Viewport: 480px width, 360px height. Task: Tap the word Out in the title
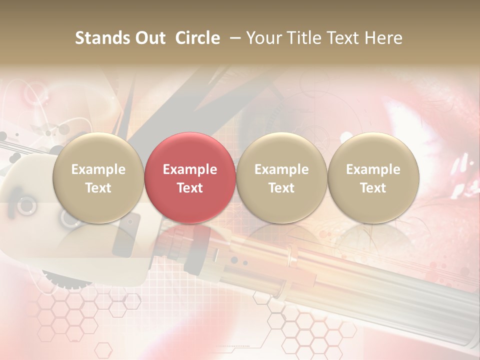tap(149, 38)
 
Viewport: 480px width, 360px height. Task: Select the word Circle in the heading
tap(197, 38)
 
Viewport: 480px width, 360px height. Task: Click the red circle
tap(190, 150)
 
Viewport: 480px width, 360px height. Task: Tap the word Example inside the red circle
tap(190, 169)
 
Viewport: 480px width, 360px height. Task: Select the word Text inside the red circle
tap(190, 188)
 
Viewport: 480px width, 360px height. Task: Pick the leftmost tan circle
tap(98, 150)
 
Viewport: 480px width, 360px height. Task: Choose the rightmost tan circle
tap(373, 150)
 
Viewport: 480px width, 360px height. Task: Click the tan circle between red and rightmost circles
tap(281, 150)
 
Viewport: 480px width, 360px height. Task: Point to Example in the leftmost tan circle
tap(98, 169)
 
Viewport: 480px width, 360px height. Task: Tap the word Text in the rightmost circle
tap(373, 188)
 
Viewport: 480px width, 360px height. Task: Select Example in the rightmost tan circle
tap(373, 169)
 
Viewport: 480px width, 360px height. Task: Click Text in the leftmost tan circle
tap(98, 188)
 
